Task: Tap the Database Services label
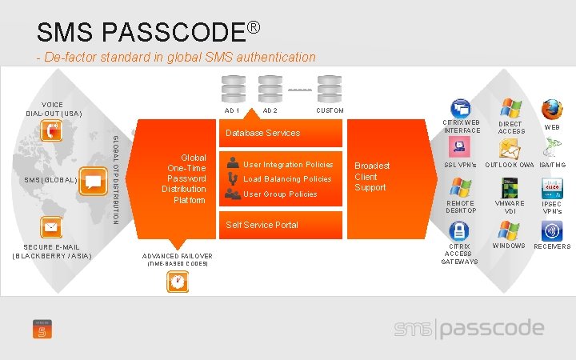[x=262, y=133]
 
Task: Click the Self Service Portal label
[x=262, y=225]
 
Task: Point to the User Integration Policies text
[x=288, y=165]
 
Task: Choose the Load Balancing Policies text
[x=287, y=179]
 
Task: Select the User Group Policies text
[x=280, y=194]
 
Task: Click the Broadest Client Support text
[x=371, y=177]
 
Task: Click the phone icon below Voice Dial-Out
[x=51, y=131]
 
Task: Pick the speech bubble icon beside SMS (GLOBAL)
[x=94, y=181]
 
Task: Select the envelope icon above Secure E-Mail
[x=51, y=229]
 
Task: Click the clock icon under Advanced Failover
[x=177, y=281]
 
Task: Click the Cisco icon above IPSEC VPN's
[x=552, y=188]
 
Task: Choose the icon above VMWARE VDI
[x=510, y=188]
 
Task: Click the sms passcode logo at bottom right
[x=469, y=329]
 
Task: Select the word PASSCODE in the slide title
[x=176, y=33]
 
